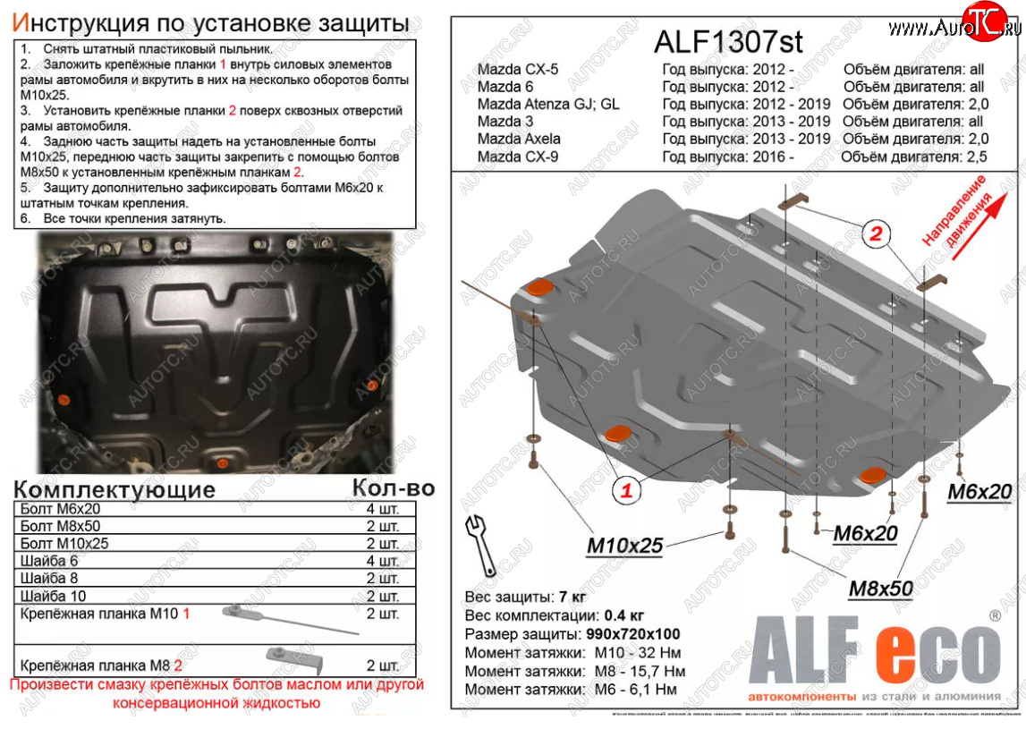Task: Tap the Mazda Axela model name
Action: click(519, 139)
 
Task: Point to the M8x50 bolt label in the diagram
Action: click(880, 588)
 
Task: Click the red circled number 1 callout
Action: click(627, 489)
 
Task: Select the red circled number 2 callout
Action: click(877, 234)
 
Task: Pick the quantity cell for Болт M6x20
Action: click(382, 509)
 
